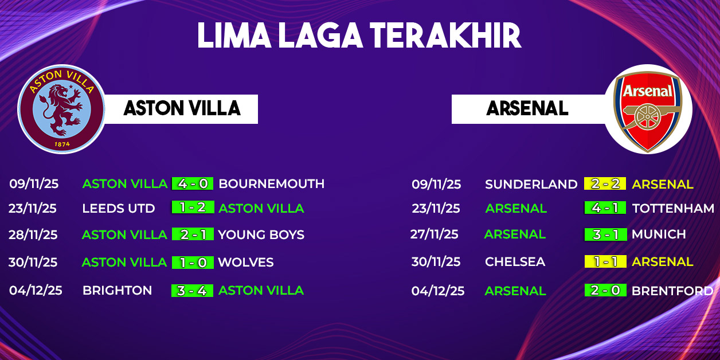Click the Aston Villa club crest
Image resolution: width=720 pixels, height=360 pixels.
click(x=61, y=109)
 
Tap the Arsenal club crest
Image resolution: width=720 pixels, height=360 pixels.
click(x=648, y=110)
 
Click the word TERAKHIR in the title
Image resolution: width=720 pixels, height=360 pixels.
click(x=445, y=36)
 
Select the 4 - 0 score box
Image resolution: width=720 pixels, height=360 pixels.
click(x=193, y=183)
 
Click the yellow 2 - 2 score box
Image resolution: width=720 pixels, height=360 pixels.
click(x=605, y=183)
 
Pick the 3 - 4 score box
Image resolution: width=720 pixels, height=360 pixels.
click(x=192, y=291)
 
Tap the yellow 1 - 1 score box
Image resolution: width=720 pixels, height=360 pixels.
click(x=605, y=261)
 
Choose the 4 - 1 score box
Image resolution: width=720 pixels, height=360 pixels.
click(x=605, y=208)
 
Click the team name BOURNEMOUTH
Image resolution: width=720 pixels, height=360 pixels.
click(x=272, y=184)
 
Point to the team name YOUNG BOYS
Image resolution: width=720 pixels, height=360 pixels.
click(x=261, y=234)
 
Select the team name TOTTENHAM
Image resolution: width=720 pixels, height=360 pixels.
click(x=673, y=208)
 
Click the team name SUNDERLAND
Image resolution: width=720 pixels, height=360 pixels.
click(x=531, y=184)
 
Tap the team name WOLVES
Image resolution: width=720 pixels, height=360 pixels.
click(x=246, y=263)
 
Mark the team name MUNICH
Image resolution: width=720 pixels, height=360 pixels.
click(x=659, y=234)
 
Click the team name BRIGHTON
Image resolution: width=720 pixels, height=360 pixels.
click(x=118, y=291)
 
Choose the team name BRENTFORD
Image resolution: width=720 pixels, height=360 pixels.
click(x=672, y=291)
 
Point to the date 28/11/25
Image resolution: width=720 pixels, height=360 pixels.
click(x=33, y=234)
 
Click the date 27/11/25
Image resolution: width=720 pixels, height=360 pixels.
click(x=435, y=234)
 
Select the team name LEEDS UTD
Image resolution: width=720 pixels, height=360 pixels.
click(x=119, y=208)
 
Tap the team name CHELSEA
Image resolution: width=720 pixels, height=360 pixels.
click(x=515, y=261)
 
